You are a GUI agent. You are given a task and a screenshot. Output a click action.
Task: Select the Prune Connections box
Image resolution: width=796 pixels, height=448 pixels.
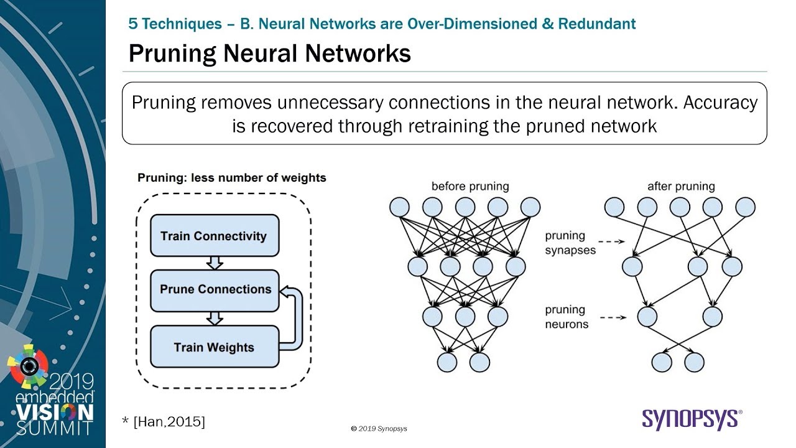pyautogui.click(x=215, y=290)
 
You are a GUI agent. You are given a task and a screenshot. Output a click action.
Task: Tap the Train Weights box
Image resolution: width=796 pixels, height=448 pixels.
pyautogui.click(x=215, y=347)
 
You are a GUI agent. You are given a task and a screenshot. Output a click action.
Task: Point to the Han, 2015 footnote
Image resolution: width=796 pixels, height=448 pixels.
pyautogui.click(x=164, y=422)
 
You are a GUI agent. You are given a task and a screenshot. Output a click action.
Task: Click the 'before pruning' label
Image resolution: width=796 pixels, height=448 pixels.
pyautogui.click(x=470, y=186)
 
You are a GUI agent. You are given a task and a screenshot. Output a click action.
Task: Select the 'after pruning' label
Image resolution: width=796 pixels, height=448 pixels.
pyautogui.click(x=681, y=186)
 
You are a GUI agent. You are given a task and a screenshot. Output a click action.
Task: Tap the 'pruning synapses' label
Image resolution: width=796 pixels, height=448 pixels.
pyautogui.click(x=571, y=243)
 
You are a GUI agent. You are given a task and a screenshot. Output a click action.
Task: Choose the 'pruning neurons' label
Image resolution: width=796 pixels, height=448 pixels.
pyautogui.click(x=566, y=317)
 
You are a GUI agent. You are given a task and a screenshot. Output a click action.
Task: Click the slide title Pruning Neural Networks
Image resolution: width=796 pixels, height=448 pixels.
pyautogui.click(x=269, y=54)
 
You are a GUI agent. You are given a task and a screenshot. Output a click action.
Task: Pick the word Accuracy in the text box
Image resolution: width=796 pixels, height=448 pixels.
pyautogui.click(x=720, y=103)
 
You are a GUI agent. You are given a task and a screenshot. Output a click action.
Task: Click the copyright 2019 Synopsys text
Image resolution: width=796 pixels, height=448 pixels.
pyautogui.click(x=379, y=429)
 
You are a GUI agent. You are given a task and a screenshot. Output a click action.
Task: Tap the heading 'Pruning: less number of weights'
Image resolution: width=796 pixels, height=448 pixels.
pyautogui.click(x=231, y=178)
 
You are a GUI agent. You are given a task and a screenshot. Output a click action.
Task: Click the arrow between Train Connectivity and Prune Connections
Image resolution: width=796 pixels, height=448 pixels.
pyautogui.click(x=215, y=263)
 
